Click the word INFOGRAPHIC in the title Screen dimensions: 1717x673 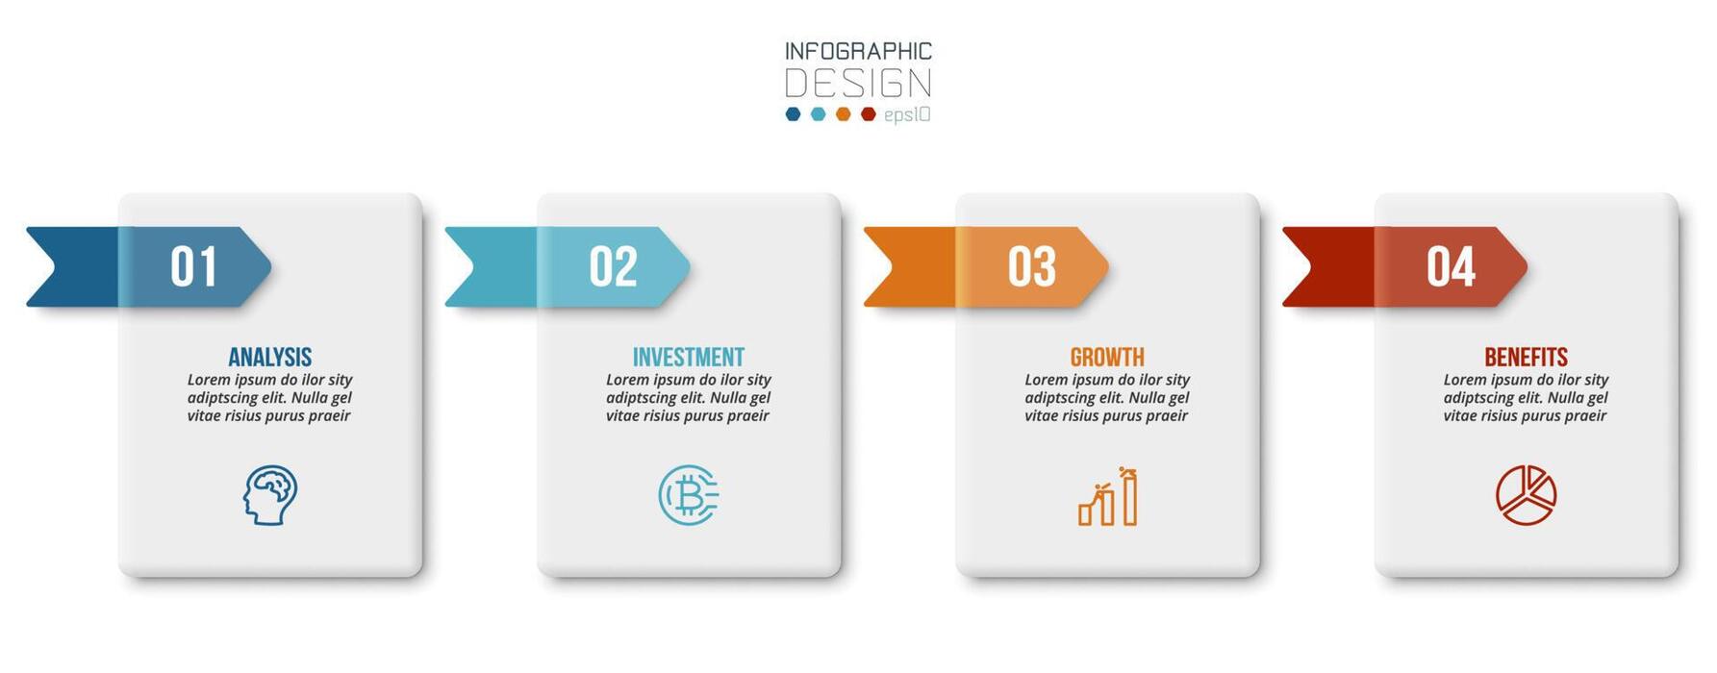(x=858, y=51)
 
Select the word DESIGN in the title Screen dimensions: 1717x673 (x=858, y=84)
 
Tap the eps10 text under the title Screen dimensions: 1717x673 (x=907, y=115)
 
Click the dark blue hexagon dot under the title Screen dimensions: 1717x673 (x=794, y=114)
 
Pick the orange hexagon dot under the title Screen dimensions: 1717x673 (x=844, y=114)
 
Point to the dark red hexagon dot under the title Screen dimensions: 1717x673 (x=869, y=114)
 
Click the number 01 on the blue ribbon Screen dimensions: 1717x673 (x=193, y=266)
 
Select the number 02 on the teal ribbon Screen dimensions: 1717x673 (x=613, y=266)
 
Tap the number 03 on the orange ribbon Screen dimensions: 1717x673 (x=1031, y=266)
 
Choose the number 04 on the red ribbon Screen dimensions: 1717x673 (x=1451, y=266)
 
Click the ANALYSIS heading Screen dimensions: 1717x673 (x=270, y=357)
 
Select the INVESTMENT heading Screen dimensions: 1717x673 (x=689, y=357)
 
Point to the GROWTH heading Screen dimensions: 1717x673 (x=1107, y=357)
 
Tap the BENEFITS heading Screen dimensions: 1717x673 (x=1526, y=357)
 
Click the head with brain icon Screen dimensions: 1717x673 (x=269, y=495)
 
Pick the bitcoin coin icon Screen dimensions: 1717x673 (x=689, y=495)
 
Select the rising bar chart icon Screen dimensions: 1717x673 (x=1108, y=496)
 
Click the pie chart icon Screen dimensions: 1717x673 (x=1527, y=495)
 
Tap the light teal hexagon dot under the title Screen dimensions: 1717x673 (x=819, y=114)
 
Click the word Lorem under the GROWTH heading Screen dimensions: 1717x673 (x=1046, y=380)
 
